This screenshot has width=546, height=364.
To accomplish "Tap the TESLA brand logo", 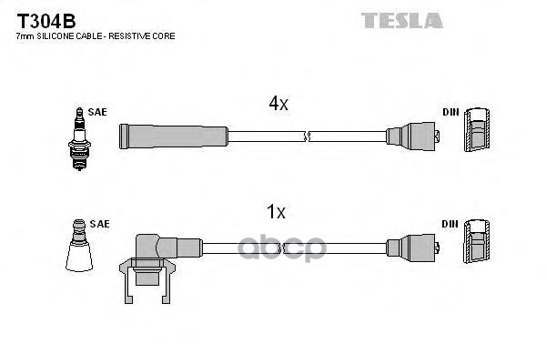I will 401,19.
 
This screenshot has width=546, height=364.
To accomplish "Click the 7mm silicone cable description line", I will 96,35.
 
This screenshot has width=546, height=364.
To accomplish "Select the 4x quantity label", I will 278,105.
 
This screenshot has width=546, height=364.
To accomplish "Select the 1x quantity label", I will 275,213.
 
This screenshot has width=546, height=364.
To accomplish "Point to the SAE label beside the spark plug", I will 97,112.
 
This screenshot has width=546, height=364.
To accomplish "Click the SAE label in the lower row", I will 100,223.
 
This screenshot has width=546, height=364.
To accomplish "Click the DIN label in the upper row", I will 450,112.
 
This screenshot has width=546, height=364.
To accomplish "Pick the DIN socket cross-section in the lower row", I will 477,246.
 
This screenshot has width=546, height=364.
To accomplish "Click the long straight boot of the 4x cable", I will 173,136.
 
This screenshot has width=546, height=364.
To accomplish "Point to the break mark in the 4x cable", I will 307,136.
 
